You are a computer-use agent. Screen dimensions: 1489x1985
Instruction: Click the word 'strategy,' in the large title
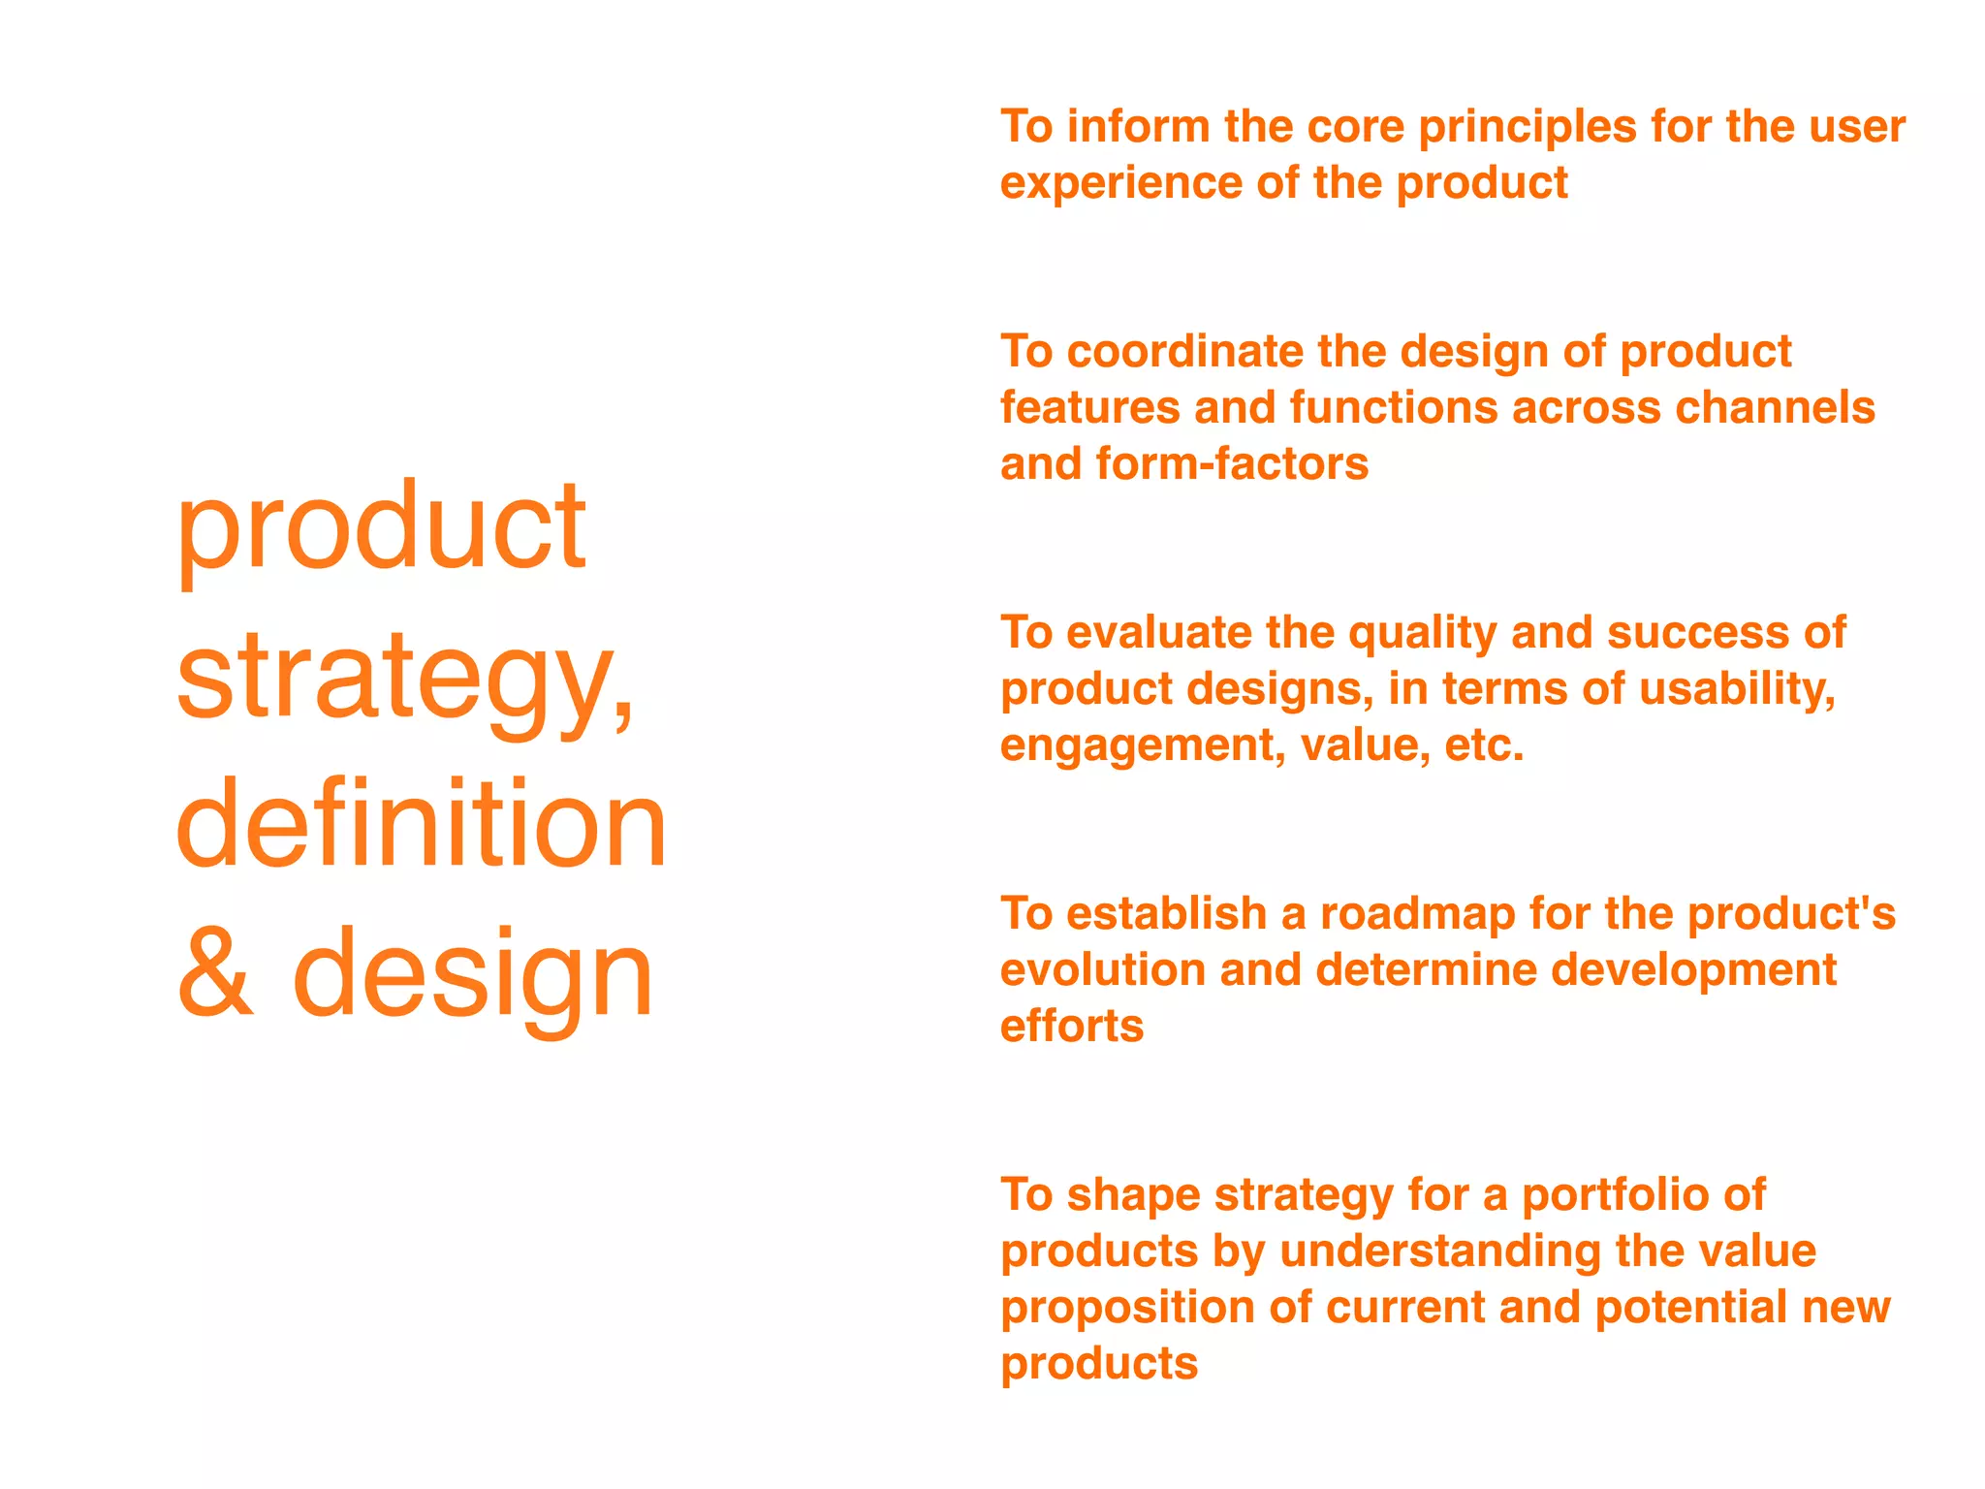[405, 679]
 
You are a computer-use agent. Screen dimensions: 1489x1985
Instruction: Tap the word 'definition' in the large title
[422, 824]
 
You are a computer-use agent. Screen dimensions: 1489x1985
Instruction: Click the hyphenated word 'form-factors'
[1232, 463]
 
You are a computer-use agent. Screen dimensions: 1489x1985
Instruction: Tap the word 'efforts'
[1072, 1026]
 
